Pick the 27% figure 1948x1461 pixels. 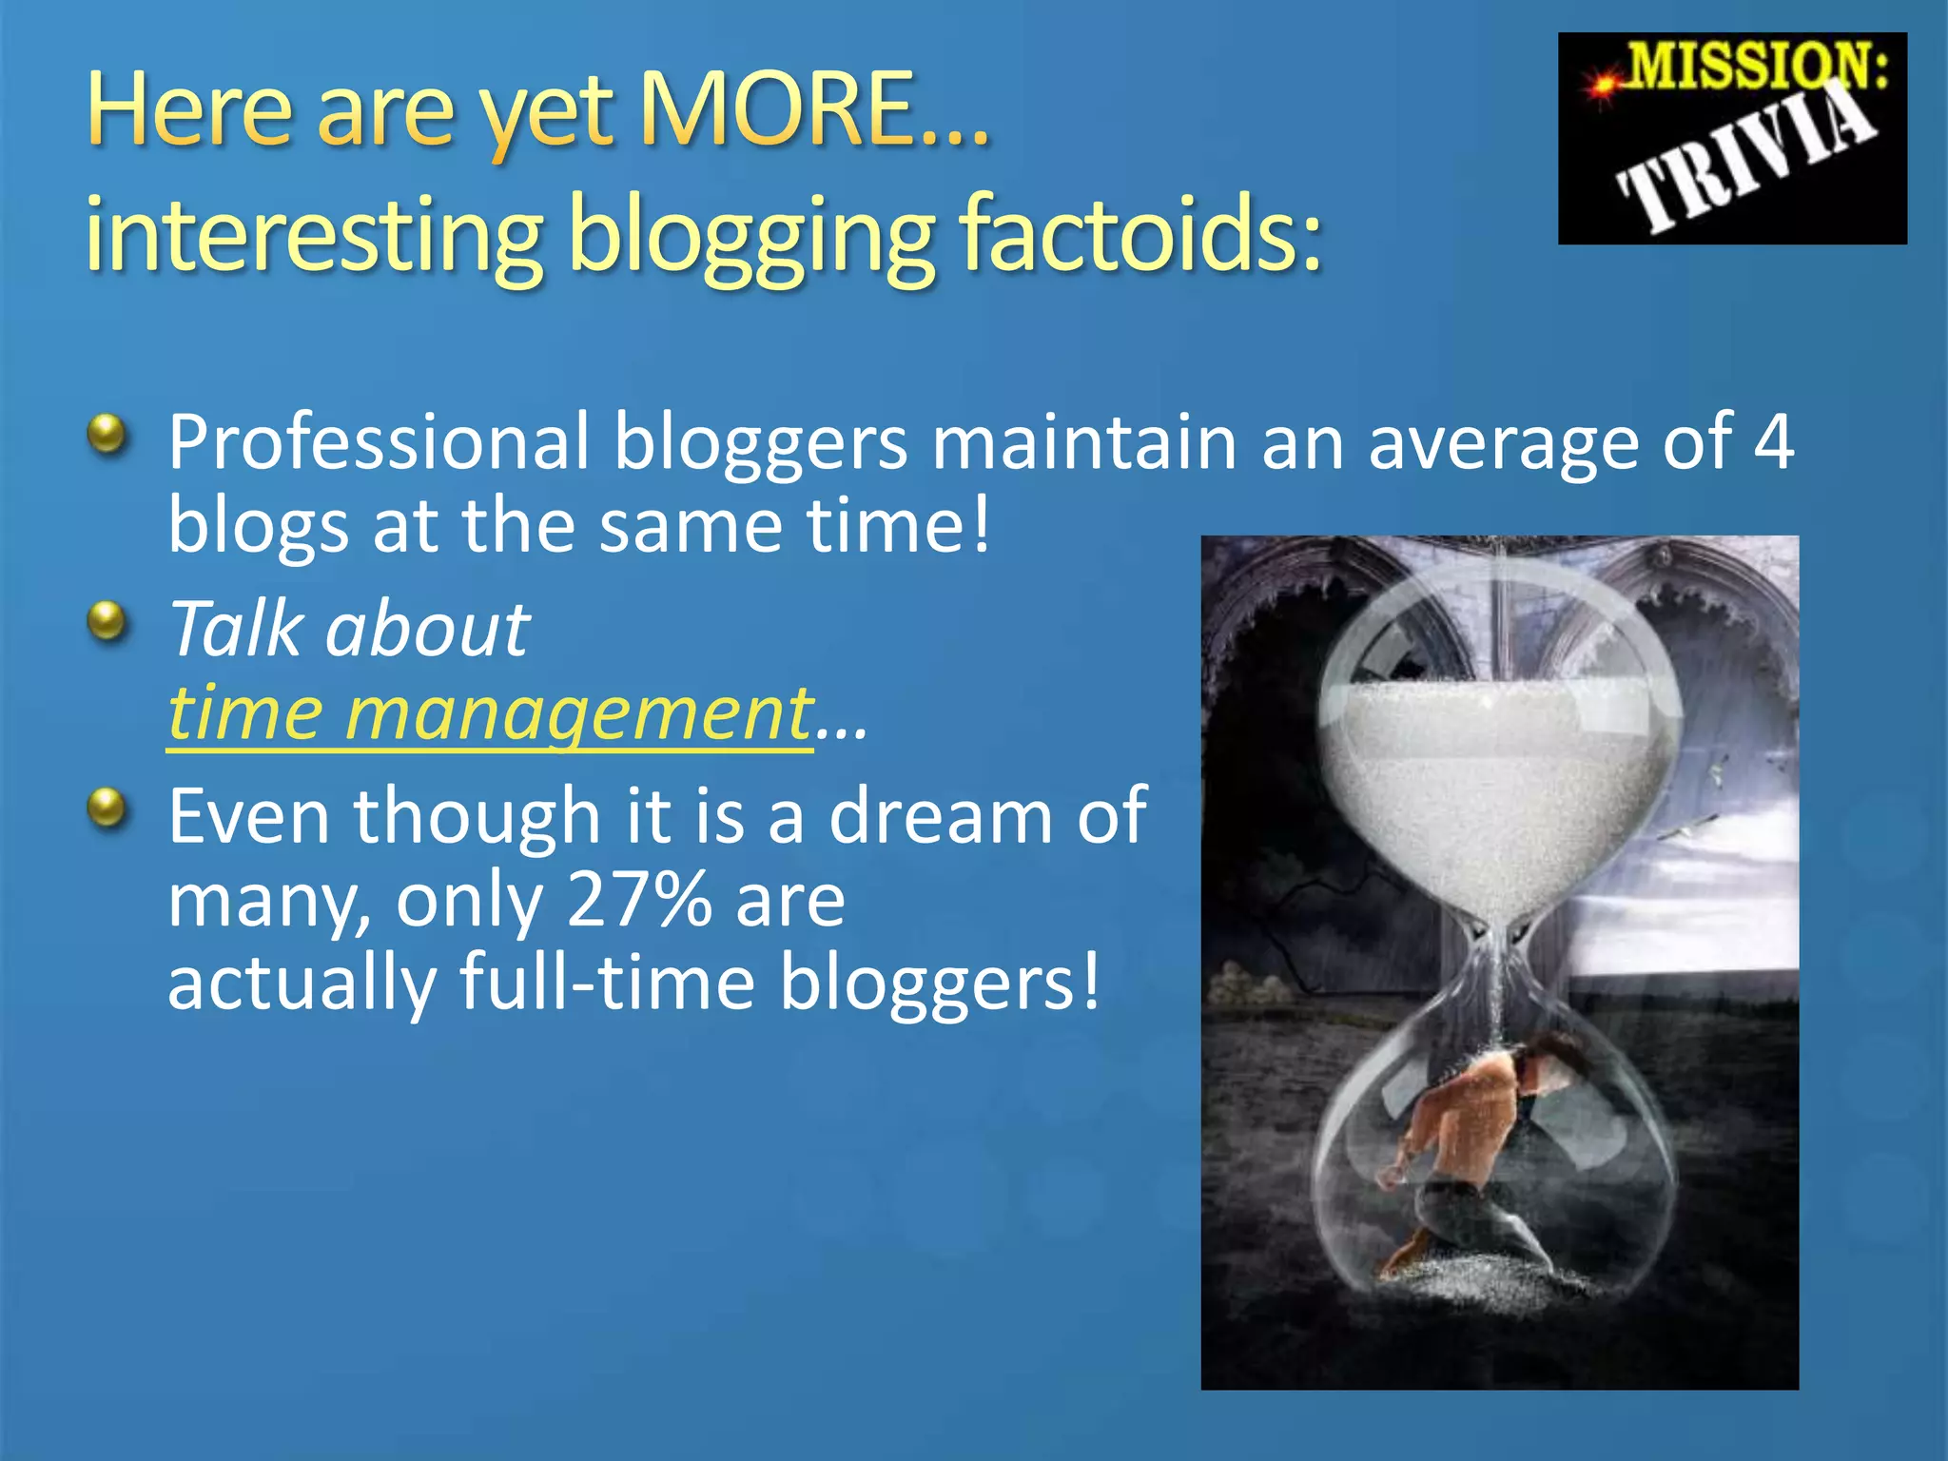[x=638, y=899]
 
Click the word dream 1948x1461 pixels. [x=941, y=816]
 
